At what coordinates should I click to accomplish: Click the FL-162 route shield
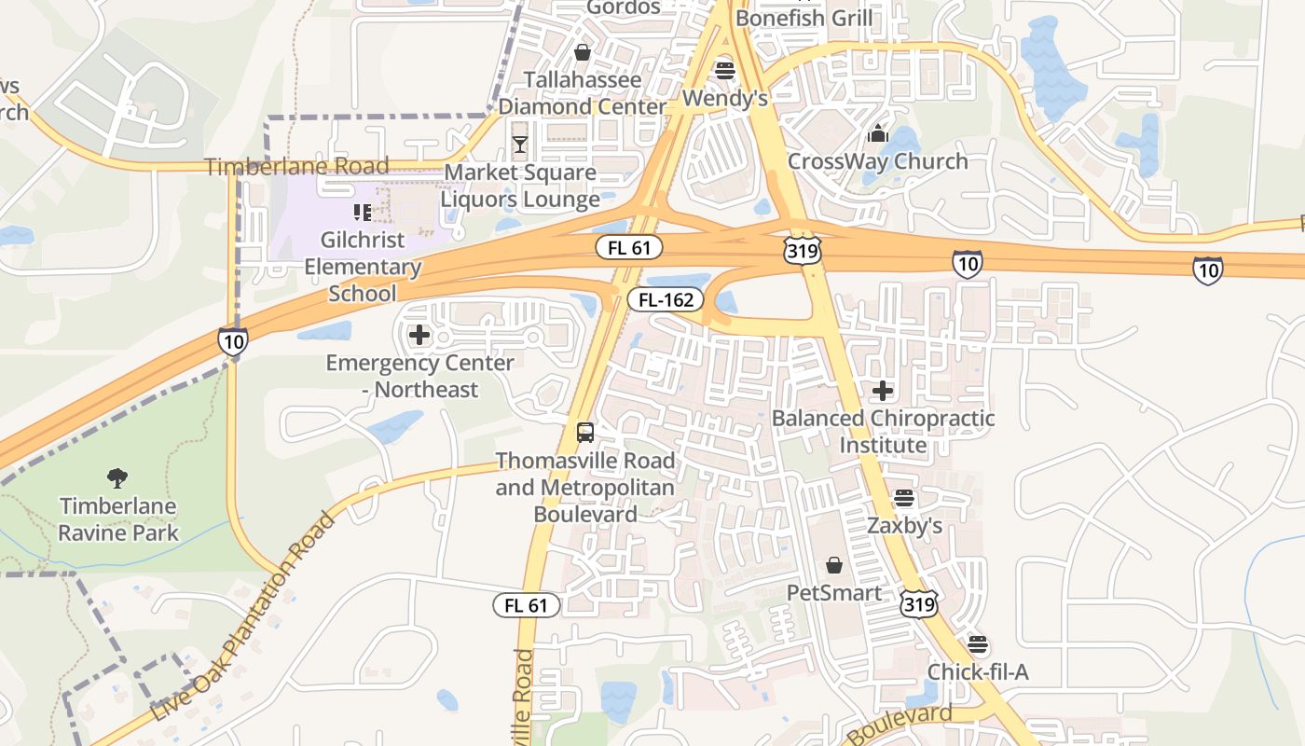(x=665, y=299)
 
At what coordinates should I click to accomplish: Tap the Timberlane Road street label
(x=296, y=167)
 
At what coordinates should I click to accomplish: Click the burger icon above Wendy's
(x=724, y=70)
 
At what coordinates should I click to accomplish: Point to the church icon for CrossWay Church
(x=877, y=134)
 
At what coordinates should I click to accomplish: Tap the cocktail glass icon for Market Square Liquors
(x=519, y=145)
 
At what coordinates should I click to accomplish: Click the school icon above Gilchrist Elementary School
(x=363, y=214)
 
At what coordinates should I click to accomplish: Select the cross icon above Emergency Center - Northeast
(x=419, y=336)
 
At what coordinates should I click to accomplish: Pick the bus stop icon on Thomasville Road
(x=585, y=433)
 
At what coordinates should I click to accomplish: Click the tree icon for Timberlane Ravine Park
(x=117, y=478)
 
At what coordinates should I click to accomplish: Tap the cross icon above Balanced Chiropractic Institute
(x=883, y=391)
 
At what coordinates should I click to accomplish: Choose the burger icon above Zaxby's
(x=903, y=499)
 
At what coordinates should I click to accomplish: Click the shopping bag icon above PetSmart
(x=834, y=565)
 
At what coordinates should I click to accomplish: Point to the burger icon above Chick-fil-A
(x=977, y=644)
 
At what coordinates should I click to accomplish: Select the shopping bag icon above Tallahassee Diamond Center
(x=583, y=52)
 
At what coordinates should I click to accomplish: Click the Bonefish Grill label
(x=804, y=18)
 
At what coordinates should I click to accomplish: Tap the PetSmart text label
(x=834, y=593)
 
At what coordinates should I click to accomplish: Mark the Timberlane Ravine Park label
(x=118, y=520)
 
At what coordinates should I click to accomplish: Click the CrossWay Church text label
(x=878, y=161)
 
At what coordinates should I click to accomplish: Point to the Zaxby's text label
(x=904, y=526)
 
